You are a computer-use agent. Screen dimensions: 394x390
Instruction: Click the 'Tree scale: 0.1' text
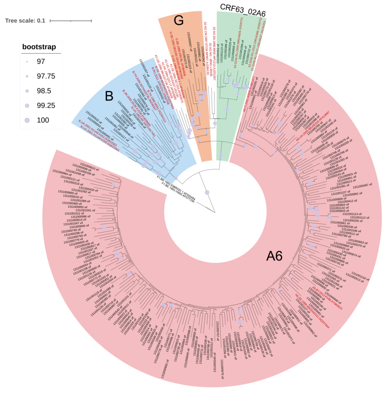click(25, 21)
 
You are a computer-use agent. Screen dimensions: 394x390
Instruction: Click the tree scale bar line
click(71, 21)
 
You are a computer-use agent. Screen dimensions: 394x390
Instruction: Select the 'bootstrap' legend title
click(39, 47)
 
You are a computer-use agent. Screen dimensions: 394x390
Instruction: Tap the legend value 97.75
click(46, 76)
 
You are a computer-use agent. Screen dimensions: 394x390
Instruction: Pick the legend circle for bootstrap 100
click(27, 120)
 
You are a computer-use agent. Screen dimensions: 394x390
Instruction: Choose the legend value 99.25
click(46, 106)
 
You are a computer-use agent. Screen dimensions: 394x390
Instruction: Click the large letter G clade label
click(179, 21)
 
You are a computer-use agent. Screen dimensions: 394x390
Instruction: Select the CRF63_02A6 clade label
click(243, 11)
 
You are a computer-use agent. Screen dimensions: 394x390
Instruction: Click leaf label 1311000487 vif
click(362, 186)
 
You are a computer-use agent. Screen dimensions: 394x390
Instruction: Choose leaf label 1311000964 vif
click(60, 173)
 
